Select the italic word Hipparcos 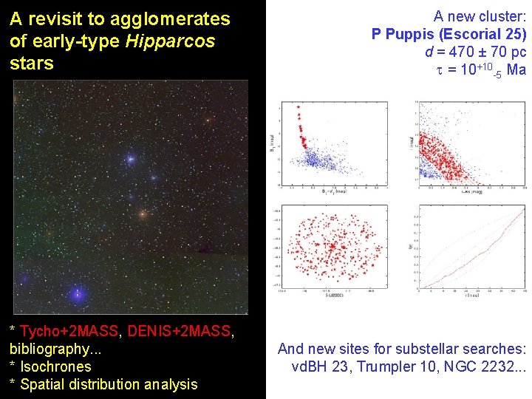170,41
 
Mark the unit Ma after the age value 516,70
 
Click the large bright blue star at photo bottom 77,293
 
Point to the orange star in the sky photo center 143,215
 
